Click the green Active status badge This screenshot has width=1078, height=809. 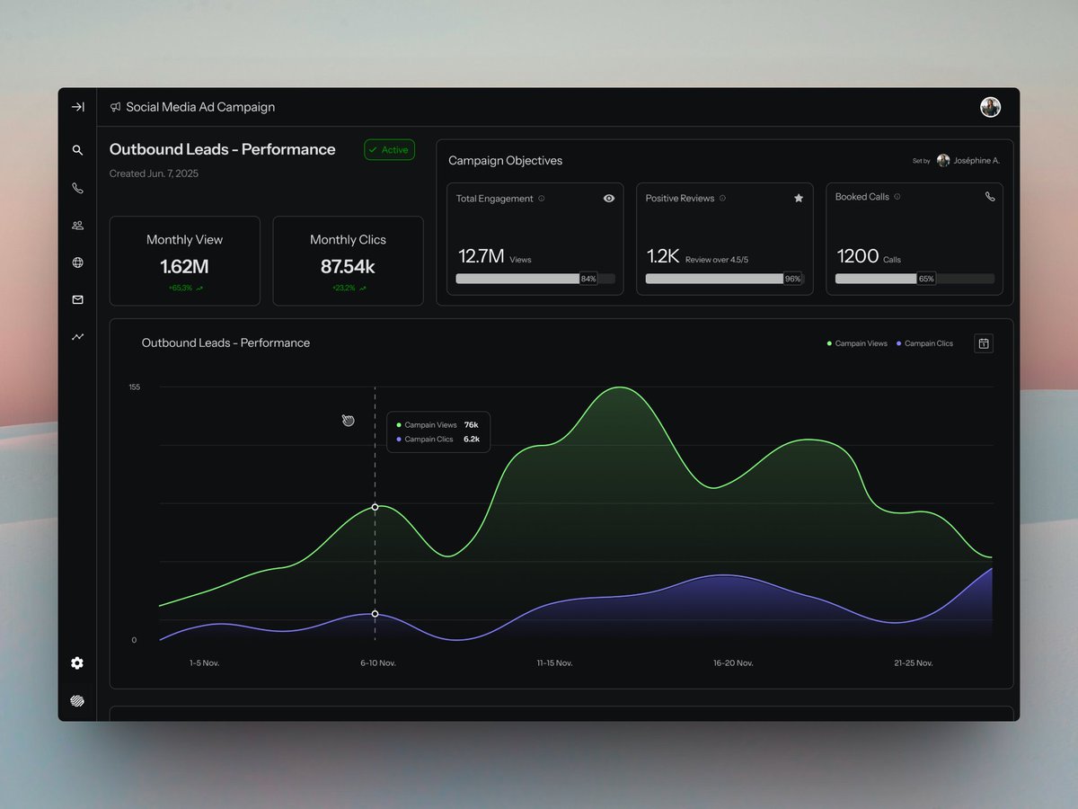point(389,150)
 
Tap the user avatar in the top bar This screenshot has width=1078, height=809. point(990,107)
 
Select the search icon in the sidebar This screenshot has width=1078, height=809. point(77,151)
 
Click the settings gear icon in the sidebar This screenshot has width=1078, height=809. point(77,663)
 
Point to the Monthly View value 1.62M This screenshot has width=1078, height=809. point(184,267)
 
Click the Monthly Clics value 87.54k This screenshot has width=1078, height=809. point(348,267)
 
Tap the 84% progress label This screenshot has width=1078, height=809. point(588,279)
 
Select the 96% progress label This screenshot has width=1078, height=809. point(792,279)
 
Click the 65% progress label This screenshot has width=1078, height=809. point(925,279)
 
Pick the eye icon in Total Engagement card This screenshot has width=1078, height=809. point(609,199)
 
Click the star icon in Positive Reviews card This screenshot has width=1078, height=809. point(799,199)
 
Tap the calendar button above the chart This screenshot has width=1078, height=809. point(984,343)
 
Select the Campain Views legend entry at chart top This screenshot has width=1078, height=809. point(857,343)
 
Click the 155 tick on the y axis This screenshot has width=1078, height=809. point(134,387)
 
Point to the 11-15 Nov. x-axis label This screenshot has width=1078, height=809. point(554,663)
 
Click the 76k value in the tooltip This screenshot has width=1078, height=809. point(471,425)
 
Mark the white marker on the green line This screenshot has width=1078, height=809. point(375,508)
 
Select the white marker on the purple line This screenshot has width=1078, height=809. point(375,614)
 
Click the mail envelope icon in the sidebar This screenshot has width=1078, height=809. point(77,300)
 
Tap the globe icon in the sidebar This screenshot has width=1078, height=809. point(77,263)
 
